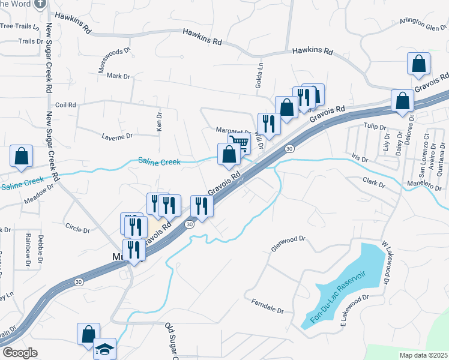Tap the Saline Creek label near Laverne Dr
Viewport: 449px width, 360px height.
point(159,161)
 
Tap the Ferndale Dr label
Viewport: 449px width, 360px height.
point(268,305)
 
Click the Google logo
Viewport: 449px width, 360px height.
point(20,352)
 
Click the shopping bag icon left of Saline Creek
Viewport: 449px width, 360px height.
point(22,156)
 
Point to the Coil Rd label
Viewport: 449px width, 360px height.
point(65,104)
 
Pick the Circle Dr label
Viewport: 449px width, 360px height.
point(77,229)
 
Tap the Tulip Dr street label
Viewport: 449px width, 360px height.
point(374,126)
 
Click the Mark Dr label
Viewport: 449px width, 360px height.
point(118,76)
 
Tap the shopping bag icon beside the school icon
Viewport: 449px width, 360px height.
point(88,334)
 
